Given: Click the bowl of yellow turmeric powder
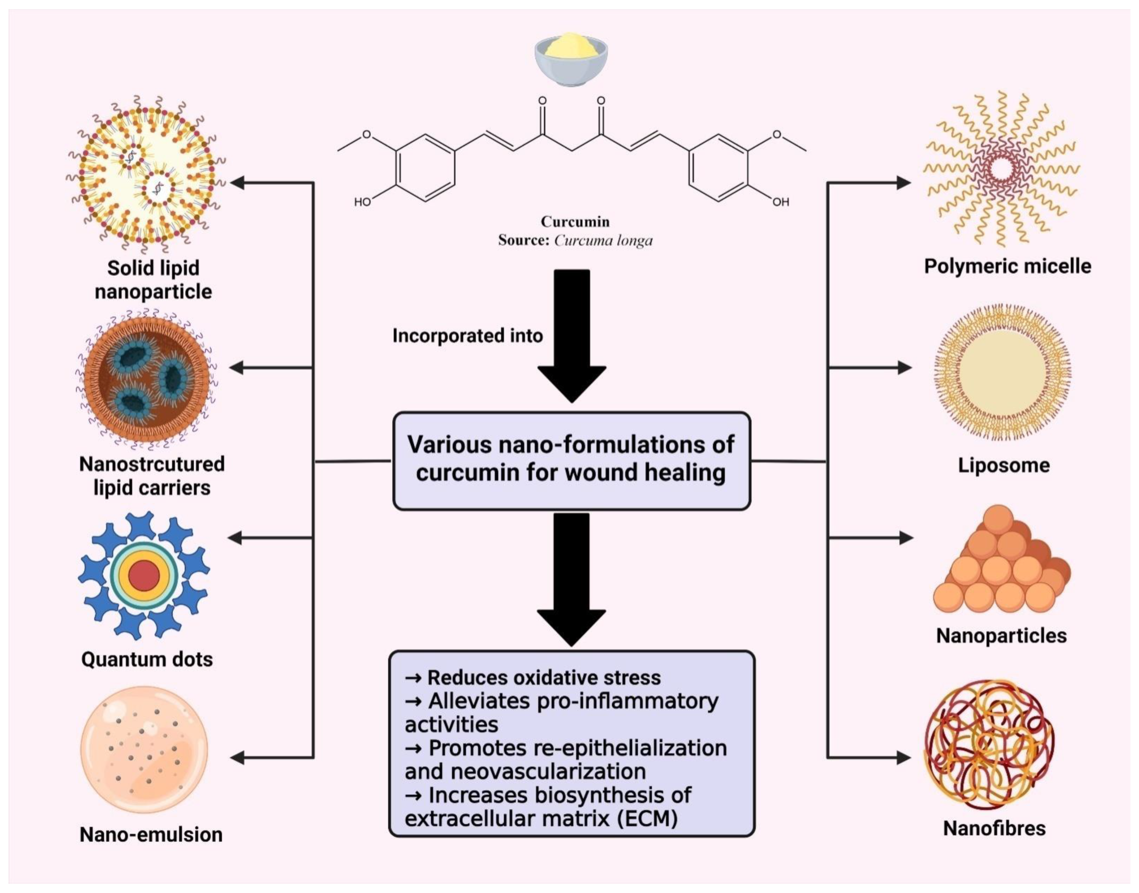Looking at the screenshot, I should tap(571, 58).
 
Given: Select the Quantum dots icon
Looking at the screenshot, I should tap(144, 575).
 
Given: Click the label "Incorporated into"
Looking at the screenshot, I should tap(467, 336).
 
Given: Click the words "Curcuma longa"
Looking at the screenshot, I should tap(603, 241).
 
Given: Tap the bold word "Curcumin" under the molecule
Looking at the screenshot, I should tap(575, 222).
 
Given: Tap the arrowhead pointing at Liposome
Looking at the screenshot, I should tap(904, 368).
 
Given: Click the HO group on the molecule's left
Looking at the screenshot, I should tap(362, 202).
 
